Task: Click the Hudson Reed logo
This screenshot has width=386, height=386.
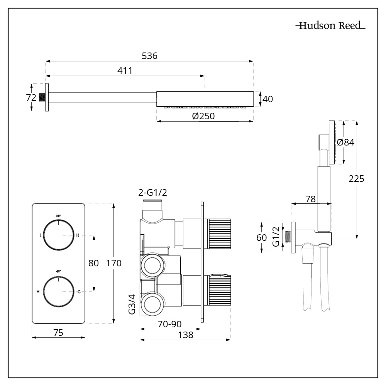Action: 330,26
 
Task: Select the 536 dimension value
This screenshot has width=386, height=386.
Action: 149,56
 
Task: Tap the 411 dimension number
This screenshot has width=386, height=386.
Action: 125,71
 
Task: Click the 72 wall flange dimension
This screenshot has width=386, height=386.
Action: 31,98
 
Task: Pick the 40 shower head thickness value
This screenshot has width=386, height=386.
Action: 267,99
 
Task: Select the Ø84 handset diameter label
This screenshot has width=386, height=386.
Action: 345,142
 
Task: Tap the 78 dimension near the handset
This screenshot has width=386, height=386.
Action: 310,199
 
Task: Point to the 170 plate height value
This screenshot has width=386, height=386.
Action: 113,263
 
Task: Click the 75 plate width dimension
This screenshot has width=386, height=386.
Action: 58,332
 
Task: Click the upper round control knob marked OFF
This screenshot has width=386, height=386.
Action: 58,234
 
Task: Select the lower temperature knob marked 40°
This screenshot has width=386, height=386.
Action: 58,291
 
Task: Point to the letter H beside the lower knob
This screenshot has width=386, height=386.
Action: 38,292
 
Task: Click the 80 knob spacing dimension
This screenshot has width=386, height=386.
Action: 94,263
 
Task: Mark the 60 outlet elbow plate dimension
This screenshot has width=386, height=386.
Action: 262,237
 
